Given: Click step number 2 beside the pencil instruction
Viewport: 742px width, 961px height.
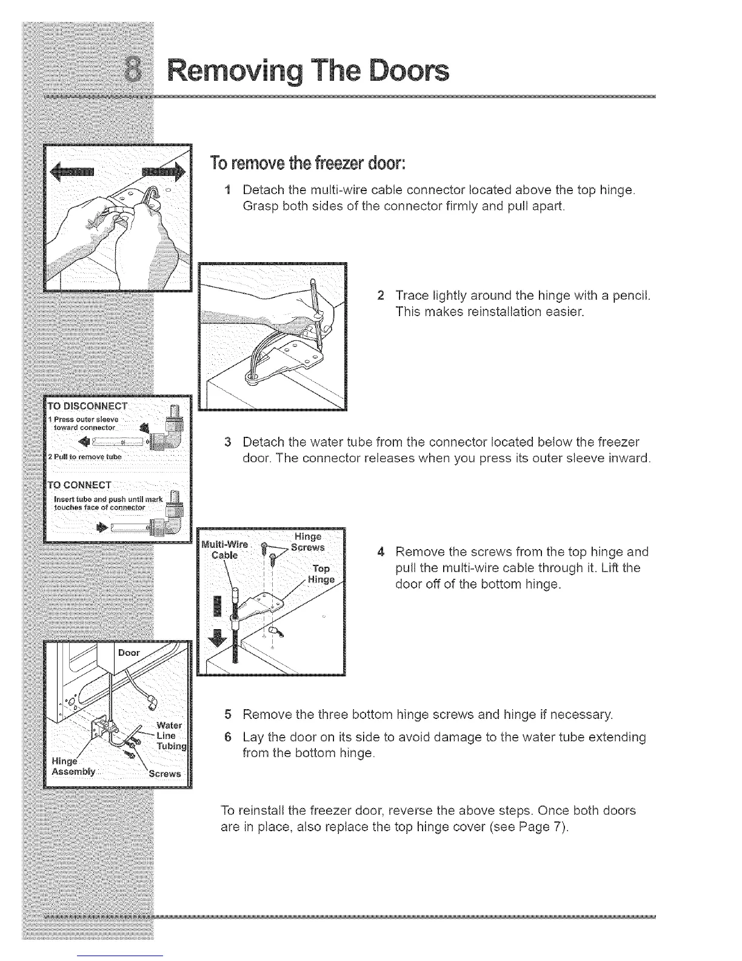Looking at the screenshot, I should pos(380,296).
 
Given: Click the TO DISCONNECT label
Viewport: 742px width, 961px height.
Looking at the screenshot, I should pos(90,406).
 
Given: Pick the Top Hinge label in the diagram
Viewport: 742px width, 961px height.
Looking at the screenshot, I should pos(321,574).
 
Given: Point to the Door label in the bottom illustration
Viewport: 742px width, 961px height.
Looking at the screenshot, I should pos(129,653).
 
